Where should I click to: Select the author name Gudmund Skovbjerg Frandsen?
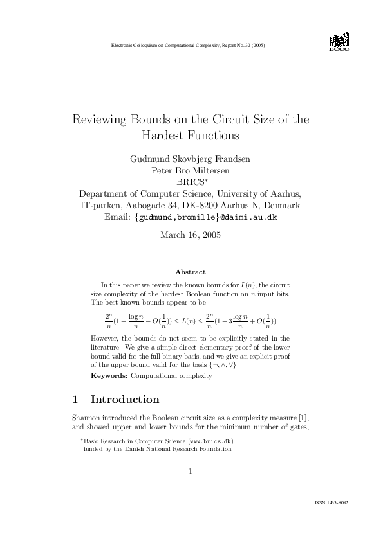(x=191, y=159)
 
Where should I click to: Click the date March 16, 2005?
(x=191, y=235)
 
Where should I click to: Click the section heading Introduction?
(x=125, y=400)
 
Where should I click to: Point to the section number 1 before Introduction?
(x=76, y=400)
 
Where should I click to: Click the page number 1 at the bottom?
(x=191, y=472)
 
